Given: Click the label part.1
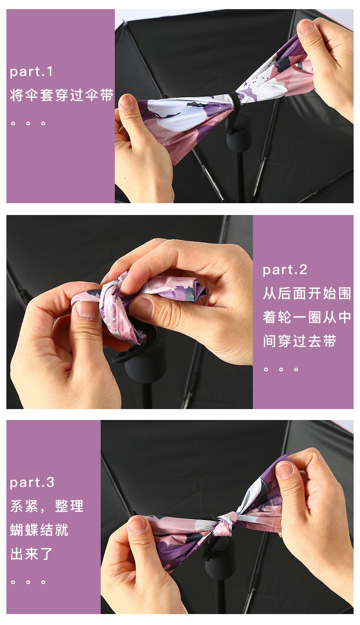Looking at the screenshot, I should (x=31, y=72).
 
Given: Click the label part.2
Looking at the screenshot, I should (x=285, y=270).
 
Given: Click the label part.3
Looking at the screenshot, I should (x=32, y=482).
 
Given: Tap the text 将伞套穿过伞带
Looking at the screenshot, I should (x=62, y=96).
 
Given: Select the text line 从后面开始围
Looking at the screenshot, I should (x=307, y=293).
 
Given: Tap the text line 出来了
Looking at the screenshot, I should (x=32, y=554).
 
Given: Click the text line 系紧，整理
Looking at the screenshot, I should (x=47, y=506).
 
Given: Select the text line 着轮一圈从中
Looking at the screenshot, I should (x=307, y=317).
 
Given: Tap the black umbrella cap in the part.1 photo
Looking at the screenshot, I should (x=239, y=134).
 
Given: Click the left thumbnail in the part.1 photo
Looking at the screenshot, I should (x=128, y=101).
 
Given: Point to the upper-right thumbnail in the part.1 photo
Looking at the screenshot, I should (x=306, y=27).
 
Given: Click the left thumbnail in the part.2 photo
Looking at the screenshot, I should (x=87, y=309).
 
